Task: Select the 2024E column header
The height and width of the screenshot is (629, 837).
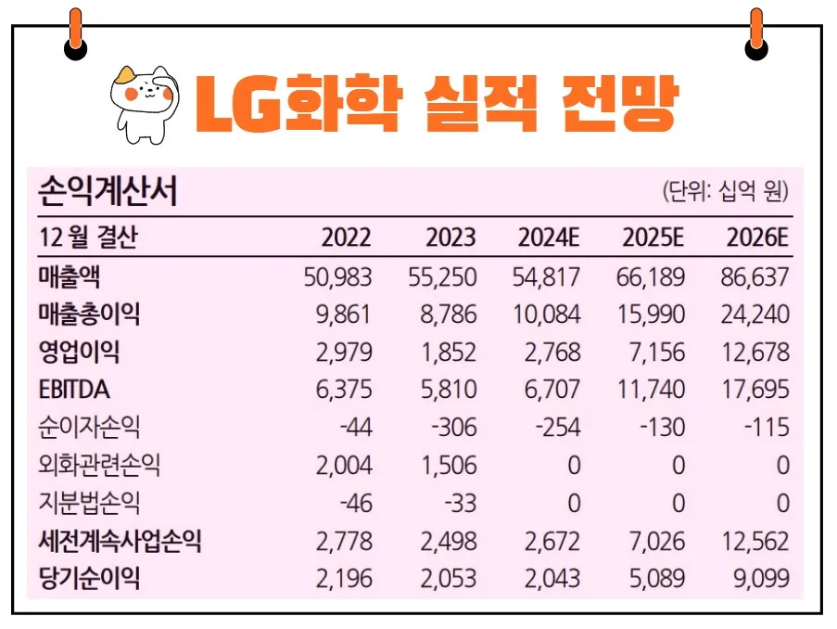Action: pos(549,237)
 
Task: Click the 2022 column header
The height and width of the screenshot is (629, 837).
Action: pos(346,237)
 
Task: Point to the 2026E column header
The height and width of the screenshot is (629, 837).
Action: pos(757,237)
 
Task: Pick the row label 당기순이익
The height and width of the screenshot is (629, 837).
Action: pos(89,579)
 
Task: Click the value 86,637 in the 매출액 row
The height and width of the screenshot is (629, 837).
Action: pos(755,276)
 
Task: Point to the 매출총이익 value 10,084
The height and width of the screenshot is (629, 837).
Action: pos(547,314)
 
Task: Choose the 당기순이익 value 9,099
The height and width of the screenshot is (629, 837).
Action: pos(761,579)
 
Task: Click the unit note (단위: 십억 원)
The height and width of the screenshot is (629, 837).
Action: pos(725,191)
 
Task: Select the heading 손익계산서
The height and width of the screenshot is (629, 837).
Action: pos(108,191)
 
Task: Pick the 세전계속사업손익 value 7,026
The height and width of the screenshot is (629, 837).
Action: pos(655,541)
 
